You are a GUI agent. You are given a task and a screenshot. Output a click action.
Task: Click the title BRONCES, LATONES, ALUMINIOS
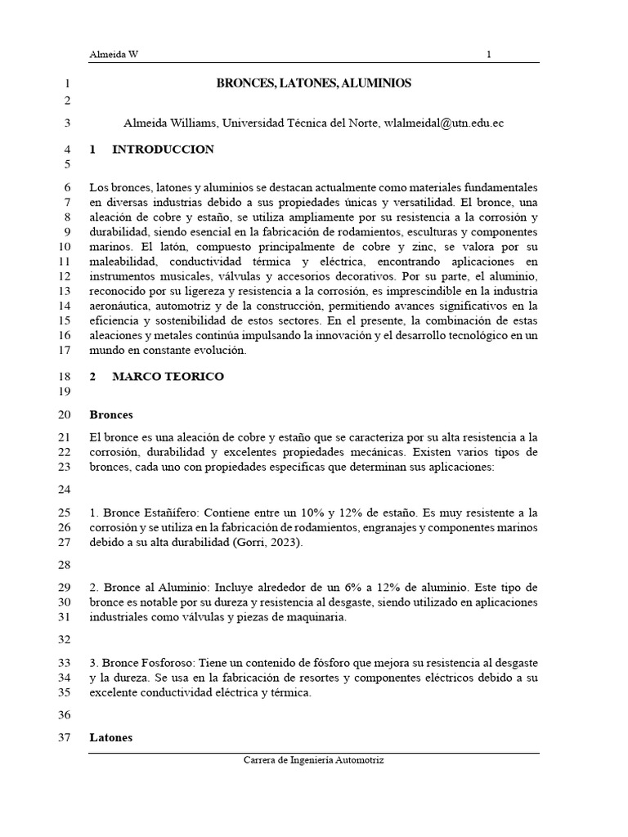click(313, 83)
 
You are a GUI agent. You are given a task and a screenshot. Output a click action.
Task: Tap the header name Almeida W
click(114, 55)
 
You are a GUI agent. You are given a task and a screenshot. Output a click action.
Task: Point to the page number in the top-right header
click(489, 55)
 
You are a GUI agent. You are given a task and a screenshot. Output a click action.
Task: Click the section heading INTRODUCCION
click(163, 150)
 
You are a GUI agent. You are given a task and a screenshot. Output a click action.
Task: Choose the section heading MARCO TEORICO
click(168, 377)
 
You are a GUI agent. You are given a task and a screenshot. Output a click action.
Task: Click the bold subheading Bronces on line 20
click(111, 414)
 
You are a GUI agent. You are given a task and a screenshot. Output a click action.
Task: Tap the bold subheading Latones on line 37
click(110, 737)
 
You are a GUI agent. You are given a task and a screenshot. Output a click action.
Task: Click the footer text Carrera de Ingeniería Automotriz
click(313, 759)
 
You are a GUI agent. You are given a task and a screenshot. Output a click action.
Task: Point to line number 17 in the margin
click(65, 350)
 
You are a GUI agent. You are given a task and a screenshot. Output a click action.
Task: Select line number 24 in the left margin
click(65, 490)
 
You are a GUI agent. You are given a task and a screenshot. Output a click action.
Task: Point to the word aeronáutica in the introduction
click(121, 306)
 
